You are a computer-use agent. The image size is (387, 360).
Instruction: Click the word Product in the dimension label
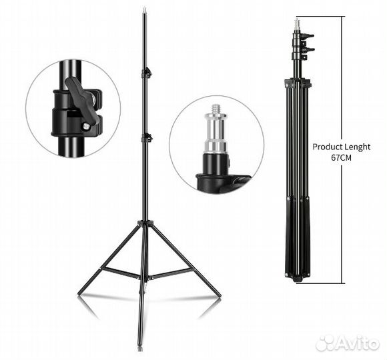[328, 147]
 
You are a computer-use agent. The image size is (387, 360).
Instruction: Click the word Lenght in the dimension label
[358, 147]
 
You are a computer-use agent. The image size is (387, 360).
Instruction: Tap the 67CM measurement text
[341, 158]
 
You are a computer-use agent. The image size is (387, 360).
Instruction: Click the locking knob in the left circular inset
[79, 101]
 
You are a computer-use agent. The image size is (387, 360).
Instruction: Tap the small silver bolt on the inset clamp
[85, 126]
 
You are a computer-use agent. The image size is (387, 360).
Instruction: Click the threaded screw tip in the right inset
[216, 109]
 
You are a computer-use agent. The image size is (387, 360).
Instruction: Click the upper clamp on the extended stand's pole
[146, 73]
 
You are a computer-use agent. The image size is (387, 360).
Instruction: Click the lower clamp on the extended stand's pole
[146, 137]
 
